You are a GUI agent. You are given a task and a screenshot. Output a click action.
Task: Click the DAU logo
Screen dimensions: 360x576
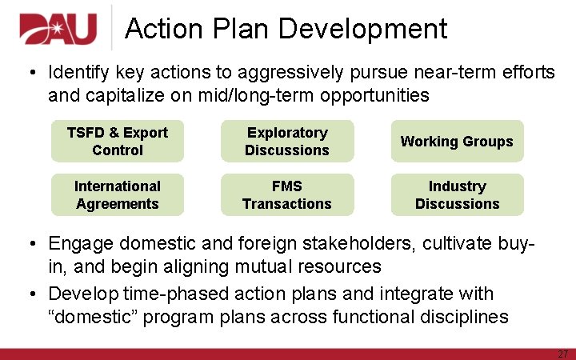point(58,29)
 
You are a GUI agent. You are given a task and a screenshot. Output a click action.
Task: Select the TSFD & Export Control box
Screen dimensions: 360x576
point(118,142)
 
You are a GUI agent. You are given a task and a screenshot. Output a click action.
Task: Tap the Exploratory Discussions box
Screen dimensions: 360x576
point(287,142)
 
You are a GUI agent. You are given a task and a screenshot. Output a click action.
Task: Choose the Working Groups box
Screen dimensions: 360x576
point(457,142)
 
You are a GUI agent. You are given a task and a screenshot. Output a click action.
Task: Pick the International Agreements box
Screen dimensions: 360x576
point(118,195)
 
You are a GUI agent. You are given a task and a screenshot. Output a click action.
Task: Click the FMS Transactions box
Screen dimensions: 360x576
point(287,195)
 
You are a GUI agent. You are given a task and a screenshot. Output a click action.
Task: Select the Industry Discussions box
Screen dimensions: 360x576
point(457,195)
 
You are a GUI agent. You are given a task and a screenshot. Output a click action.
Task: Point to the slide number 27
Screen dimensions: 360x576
point(562,354)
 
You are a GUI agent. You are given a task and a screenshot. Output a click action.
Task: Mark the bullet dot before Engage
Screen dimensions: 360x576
point(29,243)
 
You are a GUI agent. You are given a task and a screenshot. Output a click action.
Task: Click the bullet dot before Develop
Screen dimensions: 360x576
point(29,294)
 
